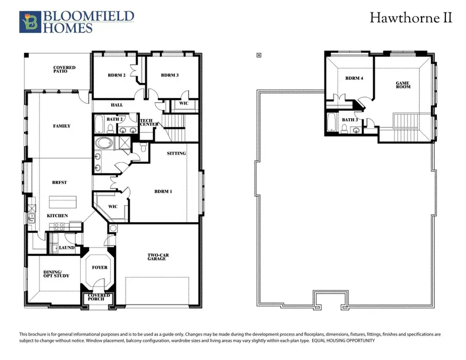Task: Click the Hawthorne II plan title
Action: [x=411, y=18]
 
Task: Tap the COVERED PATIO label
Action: [x=64, y=69]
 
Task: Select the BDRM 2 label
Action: [x=116, y=76]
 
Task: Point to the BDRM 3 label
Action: [x=170, y=76]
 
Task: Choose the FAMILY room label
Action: [x=62, y=126]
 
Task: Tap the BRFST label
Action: [x=60, y=182]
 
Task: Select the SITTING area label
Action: [x=176, y=153]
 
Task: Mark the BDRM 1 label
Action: [x=163, y=191]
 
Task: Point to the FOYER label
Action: [x=100, y=267]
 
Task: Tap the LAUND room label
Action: [x=67, y=248]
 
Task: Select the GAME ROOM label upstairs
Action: [x=403, y=85]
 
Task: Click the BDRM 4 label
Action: [x=354, y=78]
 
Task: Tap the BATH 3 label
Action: [x=349, y=120]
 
